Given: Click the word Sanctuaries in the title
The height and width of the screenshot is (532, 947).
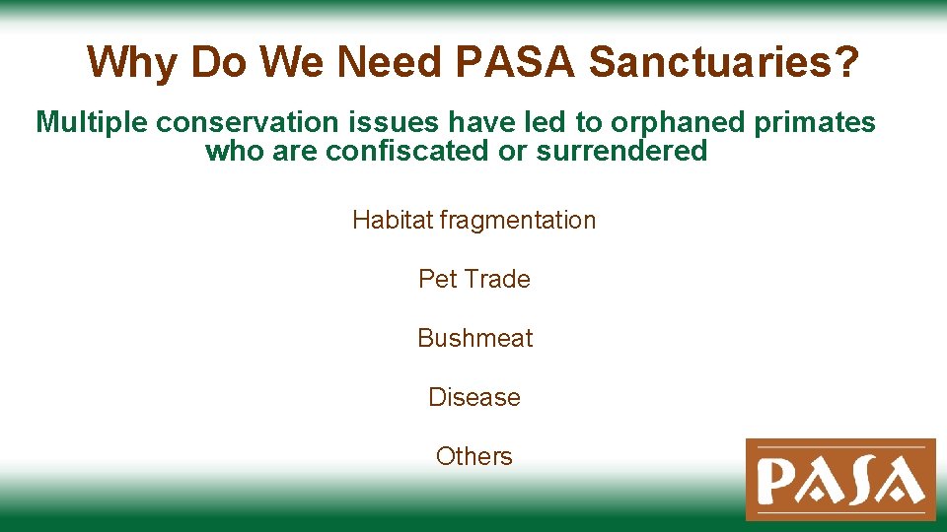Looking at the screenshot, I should (x=723, y=62).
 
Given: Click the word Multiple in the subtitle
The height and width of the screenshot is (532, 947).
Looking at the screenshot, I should (x=92, y=122).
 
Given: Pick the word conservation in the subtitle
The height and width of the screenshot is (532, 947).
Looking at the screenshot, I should (x=229, y=122).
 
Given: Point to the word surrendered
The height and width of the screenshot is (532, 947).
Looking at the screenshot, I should (x=621, y=151).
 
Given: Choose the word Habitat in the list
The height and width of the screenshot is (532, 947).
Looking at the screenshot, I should (x=393, y=220).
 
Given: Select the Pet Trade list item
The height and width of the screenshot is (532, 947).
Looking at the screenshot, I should (x=474, y=279).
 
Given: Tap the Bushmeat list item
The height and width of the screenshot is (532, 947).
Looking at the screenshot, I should (x=474, y=338).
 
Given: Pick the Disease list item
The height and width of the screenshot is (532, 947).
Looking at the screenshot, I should (x=474, y=397).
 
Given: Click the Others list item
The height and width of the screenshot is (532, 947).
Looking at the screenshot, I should (x=474, y=456).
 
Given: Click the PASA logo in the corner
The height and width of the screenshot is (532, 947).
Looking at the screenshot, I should (x=840, y=480).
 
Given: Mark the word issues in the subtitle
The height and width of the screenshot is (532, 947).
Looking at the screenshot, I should (x=345, y=122).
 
